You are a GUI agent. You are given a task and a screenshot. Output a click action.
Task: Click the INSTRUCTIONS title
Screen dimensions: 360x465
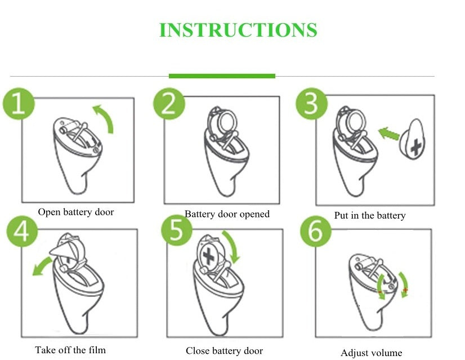(238, 30)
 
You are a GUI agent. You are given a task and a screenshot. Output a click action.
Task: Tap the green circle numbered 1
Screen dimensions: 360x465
(19, 104)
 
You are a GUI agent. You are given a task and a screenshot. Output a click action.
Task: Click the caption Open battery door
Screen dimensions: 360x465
(75, 212)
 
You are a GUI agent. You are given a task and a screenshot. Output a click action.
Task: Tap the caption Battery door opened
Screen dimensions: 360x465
(227, 214)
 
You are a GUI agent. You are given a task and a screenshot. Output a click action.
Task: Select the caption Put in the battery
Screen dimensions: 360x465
(369, 215)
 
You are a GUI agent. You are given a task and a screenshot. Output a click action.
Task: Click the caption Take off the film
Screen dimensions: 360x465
(70, 350)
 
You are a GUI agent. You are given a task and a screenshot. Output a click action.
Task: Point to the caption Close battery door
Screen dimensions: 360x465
(224, 350)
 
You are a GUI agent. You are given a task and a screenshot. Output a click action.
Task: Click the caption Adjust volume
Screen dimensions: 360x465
(371, 353)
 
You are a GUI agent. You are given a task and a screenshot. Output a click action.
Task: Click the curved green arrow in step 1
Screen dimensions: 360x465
(105, 118)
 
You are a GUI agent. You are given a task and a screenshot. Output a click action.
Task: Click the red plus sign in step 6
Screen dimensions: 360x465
(405, 290)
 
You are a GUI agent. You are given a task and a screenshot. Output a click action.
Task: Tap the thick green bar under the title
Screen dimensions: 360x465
(222, 75)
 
